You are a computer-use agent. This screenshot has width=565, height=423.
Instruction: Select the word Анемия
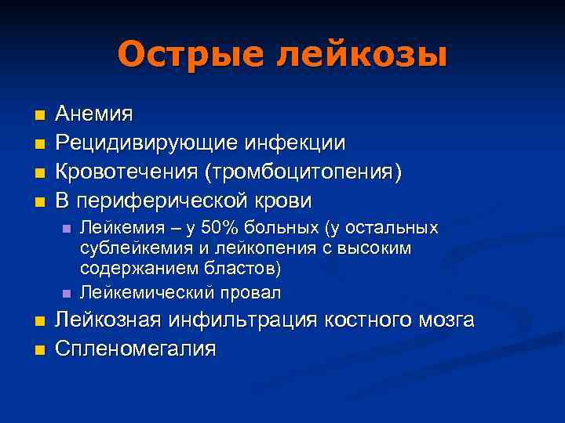[x=93, y=115]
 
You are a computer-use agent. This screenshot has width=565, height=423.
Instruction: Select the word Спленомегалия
[x=135, y=349]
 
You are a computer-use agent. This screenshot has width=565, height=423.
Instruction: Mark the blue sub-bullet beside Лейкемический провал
[x=67, y=293]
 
